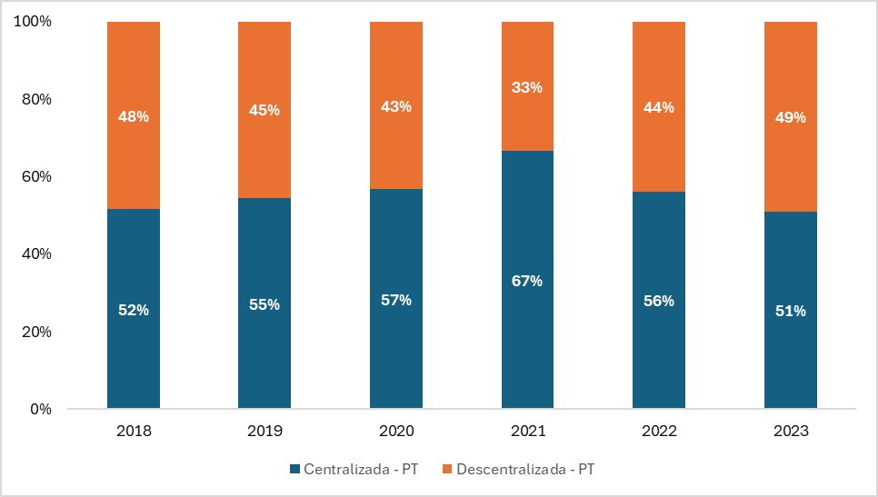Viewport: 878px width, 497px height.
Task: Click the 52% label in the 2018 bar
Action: coord(134,310)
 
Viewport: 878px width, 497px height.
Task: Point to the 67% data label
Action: coord(527,281)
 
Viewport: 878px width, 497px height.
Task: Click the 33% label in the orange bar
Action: coord(527,87)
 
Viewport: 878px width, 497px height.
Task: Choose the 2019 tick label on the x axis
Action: coord(264,431)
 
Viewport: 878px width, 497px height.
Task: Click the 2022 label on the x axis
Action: coord(659,431)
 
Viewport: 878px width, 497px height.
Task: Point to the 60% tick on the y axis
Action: coord(37,176)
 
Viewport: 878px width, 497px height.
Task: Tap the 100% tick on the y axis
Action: coord(34,21)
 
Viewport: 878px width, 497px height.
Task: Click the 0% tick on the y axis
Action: coord(41,410)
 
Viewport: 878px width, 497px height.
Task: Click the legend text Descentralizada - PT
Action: coord(525,470)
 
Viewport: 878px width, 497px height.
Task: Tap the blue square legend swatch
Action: coord(294,470)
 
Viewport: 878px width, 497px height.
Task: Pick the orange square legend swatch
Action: coord(446,470)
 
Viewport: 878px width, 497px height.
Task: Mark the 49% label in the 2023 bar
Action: coord(790,117)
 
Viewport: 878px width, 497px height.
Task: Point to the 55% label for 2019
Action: coord(264,304)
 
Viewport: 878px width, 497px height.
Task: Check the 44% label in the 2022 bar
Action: coord(659,107)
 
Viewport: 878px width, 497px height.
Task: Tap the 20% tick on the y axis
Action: coord(37,332)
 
